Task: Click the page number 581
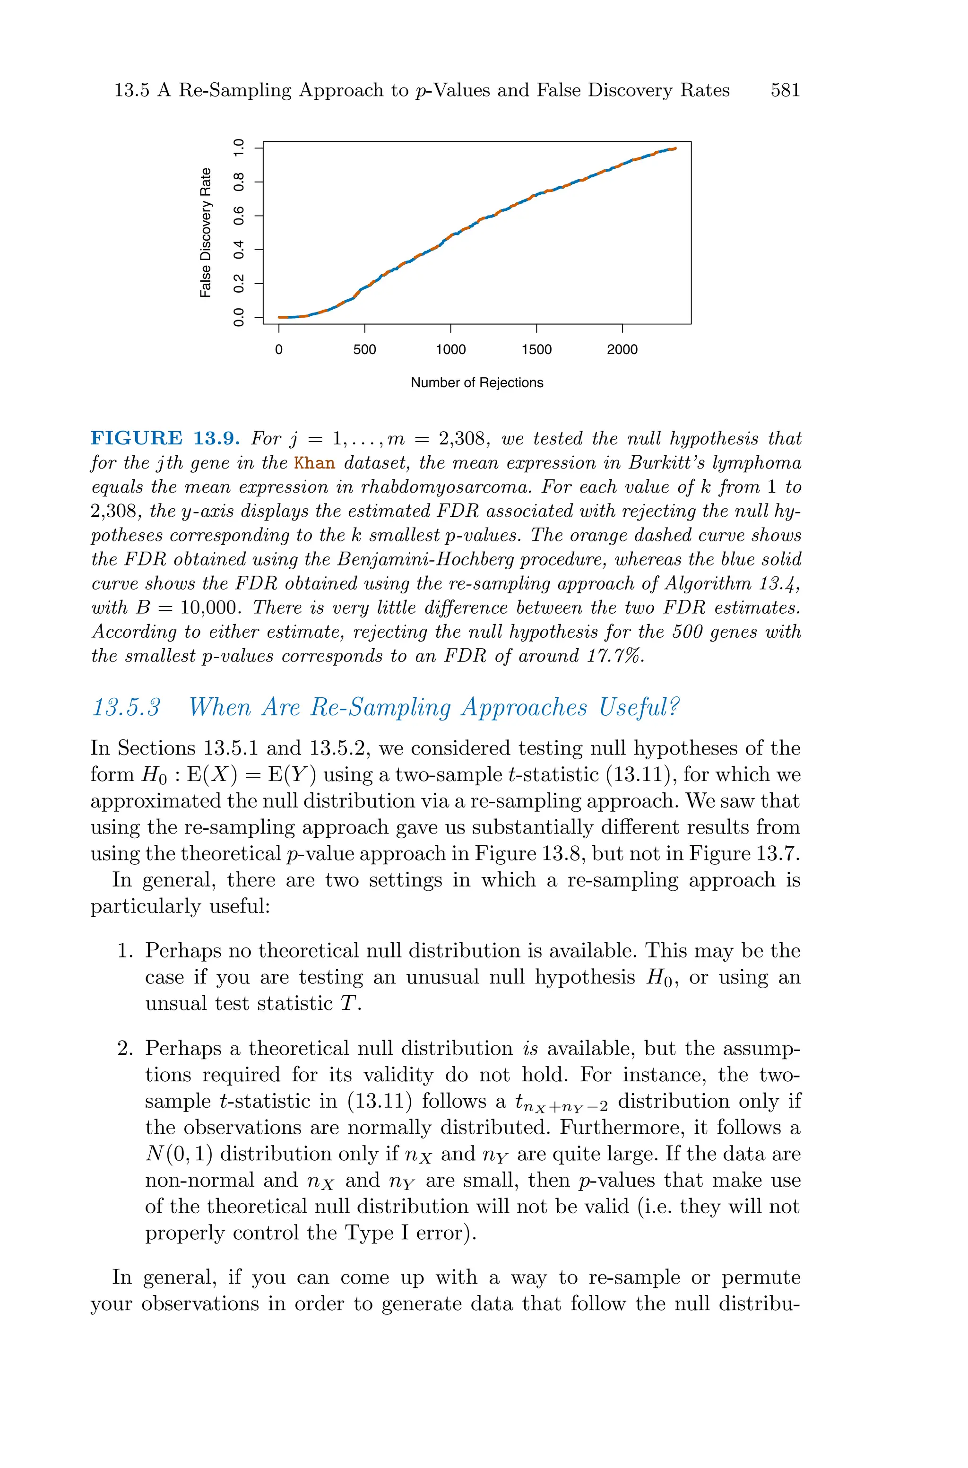pyautogui.click(x=785, y=91)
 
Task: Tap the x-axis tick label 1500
pyautogui.click(x=536, y=349)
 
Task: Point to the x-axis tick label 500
pyautogui.click(x=364, y=349)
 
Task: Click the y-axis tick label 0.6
pyautogui.click(x=239, y=216)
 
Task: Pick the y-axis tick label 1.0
pyautogui.click(x=239, y=148)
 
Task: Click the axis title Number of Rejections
pyautogui.click(x=476, y=383)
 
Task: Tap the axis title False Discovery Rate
pyautogui.click(x=206, y=233)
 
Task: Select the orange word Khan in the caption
pyautogui.click(x=314, y=463)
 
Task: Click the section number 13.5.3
pyautogui.click(x=126, y=707)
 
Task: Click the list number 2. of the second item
pyautogui.click(x=125, y=1049)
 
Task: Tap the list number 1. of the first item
pyautogui.click(x=125, y=951)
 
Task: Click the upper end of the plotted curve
pyautogui.click(x=675, y=148)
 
